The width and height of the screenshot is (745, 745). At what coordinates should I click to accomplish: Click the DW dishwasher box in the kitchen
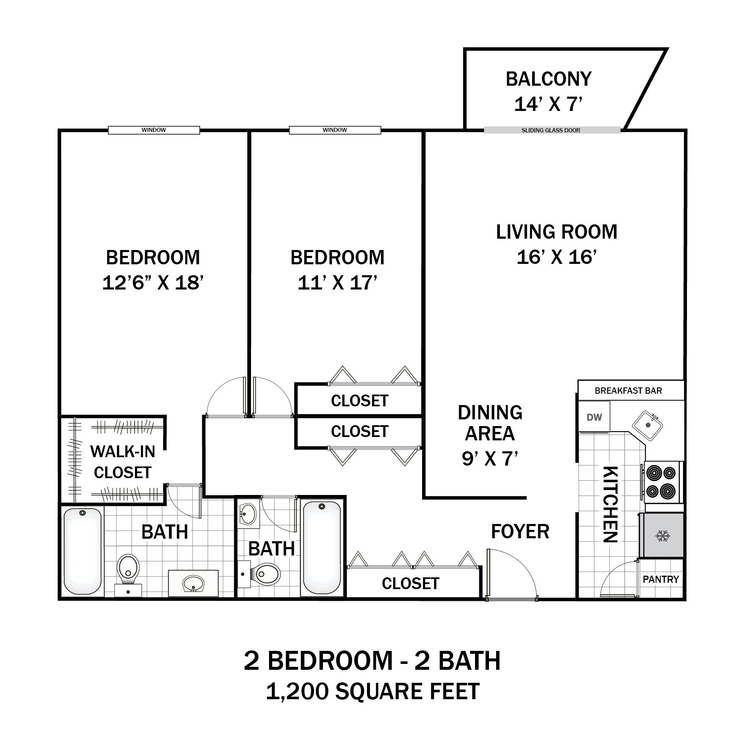(x=594, y=417)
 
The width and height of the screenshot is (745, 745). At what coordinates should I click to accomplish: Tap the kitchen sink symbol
(x=648, y=425)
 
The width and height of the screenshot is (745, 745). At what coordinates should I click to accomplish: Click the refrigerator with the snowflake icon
(x=662, y=535)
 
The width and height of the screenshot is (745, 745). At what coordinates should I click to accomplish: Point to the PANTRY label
(x=660, y=579)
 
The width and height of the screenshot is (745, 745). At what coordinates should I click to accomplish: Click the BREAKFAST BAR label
(x=628, y=391)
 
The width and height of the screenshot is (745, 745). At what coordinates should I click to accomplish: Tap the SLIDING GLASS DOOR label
(x=551, y=130)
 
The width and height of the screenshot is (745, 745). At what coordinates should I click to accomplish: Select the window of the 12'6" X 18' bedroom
(x=154, y=130)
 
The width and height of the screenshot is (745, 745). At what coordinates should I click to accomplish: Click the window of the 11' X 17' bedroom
(x=335, y=130)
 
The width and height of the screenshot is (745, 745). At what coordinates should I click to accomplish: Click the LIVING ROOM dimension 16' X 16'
(x=556, y=257)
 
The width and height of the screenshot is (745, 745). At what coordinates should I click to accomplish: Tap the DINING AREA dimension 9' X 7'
(x=490, y=458)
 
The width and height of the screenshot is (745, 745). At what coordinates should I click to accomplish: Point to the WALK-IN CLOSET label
(x=122, y=462)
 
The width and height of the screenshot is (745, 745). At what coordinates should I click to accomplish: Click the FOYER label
(x=520, y=532)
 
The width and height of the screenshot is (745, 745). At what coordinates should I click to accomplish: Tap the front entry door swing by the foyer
(x=511, y=574)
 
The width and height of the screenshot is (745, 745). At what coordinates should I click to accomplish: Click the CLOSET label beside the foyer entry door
(x=410, y=584)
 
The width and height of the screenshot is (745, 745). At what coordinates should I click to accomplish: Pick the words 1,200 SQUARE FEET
(x=372, y=692)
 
